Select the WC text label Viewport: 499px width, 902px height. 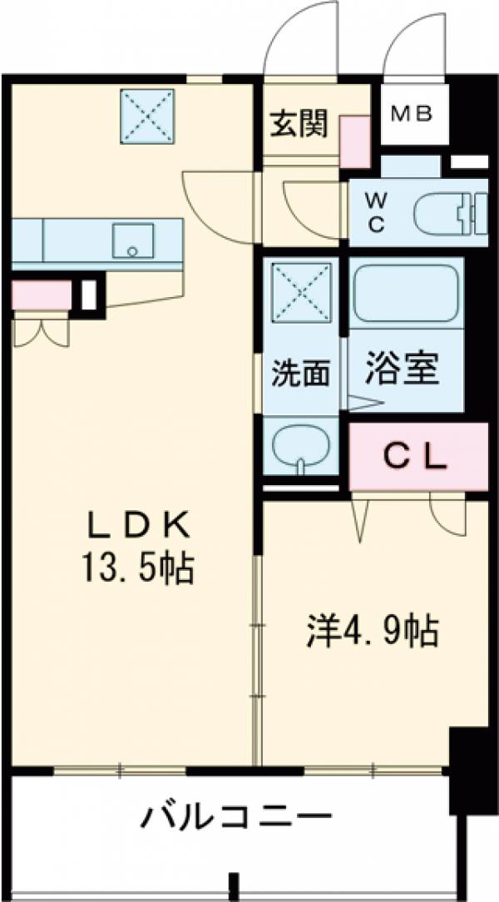[x=376, y=214]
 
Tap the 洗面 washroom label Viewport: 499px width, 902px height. [x=300, y=374]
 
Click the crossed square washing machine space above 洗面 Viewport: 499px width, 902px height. [x=301, y=291]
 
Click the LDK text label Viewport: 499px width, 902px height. [x=141, y=526]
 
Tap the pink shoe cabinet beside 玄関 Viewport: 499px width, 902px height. [x=356, y=137]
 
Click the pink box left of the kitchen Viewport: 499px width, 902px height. [x=41, y=294]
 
